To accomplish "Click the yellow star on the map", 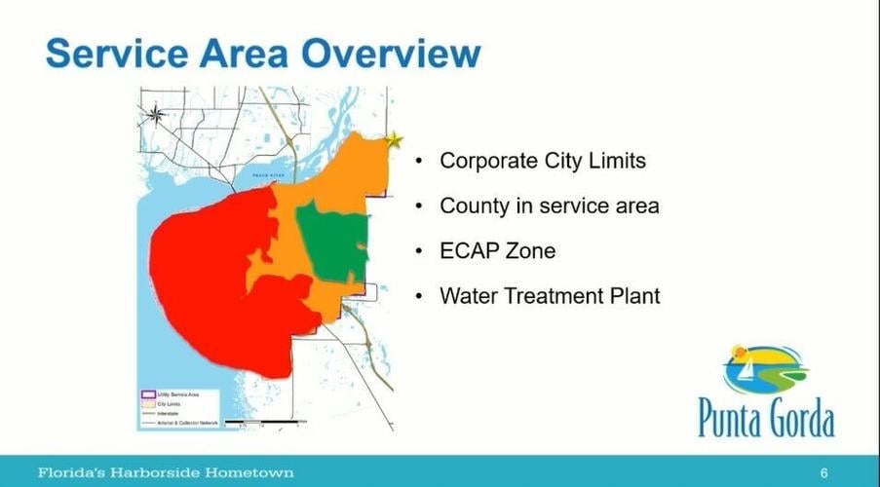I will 393,140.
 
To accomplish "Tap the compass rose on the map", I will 155,115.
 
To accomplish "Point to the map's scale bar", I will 261,422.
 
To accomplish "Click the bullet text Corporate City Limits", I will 542,161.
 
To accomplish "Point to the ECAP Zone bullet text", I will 497,250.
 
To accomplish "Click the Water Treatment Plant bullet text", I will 550,295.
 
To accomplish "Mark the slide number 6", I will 823,472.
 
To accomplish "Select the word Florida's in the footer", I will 72,472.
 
